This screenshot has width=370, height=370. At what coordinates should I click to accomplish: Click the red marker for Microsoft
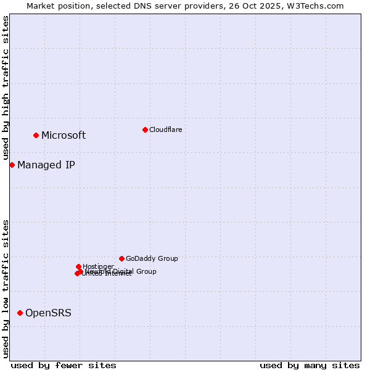pos(36,135)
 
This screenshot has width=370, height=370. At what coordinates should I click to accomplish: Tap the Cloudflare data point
pos(145,129)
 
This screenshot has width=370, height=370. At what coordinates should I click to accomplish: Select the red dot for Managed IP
pos(12,165)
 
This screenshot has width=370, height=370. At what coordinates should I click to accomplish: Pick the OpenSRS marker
pos(20,313)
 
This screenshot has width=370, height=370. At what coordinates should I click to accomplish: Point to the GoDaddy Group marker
pos(121,258)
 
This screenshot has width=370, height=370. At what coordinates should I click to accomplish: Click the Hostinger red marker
pos(78,266)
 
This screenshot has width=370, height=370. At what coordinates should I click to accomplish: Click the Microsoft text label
pos(64,136)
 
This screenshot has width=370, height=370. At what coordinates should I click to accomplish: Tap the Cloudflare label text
pos(165,129)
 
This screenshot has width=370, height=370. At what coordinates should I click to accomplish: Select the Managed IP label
pos(46,165)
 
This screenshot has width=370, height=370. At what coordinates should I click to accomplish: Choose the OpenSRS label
pos(48,313)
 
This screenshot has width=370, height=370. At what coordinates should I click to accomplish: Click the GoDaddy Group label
pos(152,258)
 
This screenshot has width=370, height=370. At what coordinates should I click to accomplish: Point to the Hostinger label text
pos(98,266)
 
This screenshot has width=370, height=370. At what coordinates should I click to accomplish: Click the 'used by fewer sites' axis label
pos(64,365)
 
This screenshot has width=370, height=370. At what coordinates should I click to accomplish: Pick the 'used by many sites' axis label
pos(310,365)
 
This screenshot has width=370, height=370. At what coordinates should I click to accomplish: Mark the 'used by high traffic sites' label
pos(6,88)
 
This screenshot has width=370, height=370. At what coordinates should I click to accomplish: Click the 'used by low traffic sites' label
pos(6,289)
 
